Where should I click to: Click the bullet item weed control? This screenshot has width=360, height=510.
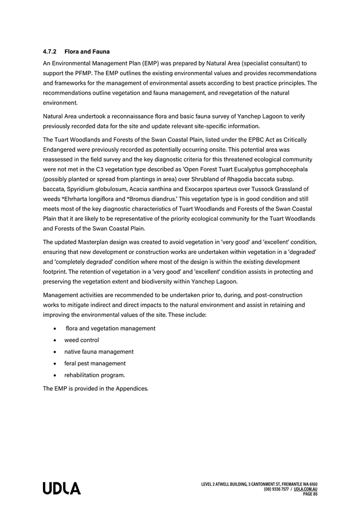click(82, 340)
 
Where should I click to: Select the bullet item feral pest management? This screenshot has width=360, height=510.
click(94, 363)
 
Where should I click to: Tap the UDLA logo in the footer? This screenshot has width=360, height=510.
click(62, 489)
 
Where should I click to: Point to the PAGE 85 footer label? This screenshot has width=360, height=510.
click(310, 494)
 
